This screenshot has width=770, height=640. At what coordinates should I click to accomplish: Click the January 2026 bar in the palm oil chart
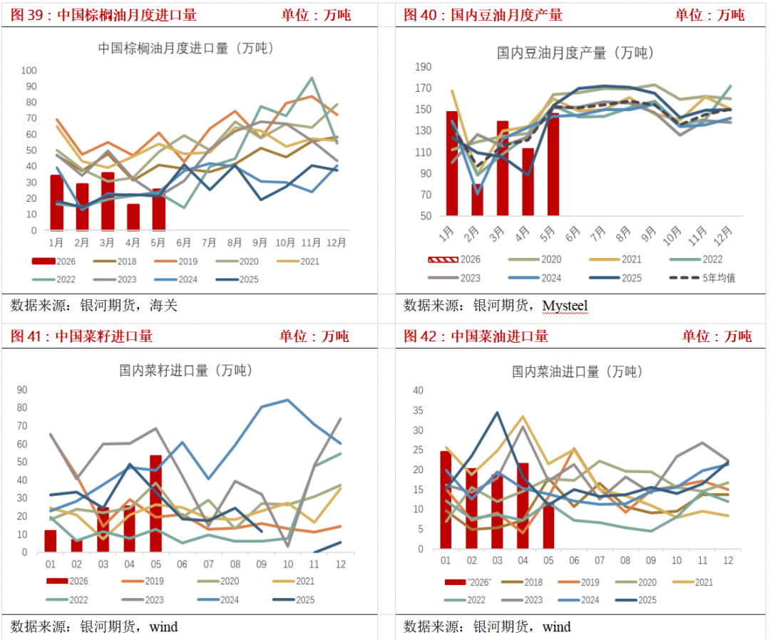(x=57, y=202)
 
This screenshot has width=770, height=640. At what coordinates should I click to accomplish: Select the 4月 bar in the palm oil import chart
(x=133, y=217)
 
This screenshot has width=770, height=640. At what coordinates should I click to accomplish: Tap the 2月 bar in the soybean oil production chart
(x=477, y=200)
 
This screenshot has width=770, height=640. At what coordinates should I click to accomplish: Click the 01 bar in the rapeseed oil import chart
(x=446, y=500)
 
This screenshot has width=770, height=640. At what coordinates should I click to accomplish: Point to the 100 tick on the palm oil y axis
(x=29, y=71)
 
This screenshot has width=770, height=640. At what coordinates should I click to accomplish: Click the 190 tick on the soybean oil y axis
(x=423, y=67)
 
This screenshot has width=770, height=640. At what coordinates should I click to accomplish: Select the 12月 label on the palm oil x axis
(x=337, y=242)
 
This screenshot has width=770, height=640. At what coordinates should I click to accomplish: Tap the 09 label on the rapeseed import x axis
(x=261, y=564)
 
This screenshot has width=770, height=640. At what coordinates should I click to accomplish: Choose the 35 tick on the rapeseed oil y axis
(x=418, y=411)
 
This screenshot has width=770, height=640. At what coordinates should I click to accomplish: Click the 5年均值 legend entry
(x=703, y=278)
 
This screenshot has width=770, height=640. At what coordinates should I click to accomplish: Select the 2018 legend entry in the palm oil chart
(x=115, y=262)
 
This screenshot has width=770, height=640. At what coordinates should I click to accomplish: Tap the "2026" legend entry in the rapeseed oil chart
(x=468, y=582)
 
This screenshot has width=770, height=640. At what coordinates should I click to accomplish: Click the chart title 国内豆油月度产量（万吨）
(x=575, y=53)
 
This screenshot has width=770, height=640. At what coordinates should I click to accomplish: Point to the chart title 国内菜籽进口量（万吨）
(x=185, y=370)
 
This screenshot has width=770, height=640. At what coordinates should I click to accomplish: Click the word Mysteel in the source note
(x=565, y=306)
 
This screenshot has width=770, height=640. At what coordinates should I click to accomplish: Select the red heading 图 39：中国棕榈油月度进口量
(x=103, y=15)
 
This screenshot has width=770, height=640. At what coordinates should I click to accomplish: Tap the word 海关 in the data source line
(x=163, y=305)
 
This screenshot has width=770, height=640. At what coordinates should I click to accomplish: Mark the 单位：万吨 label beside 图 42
(x=717, y=336)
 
